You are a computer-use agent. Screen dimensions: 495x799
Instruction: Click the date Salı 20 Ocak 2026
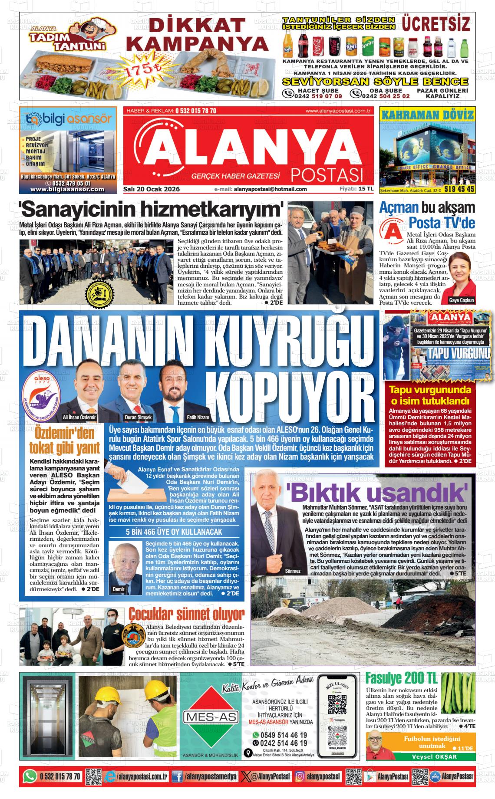pos(152,189)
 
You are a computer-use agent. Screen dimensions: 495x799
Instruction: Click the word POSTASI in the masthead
pos(327,174)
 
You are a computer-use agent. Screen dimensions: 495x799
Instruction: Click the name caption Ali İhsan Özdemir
pos(79,417)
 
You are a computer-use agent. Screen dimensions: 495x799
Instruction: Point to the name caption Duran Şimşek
pos(139,417)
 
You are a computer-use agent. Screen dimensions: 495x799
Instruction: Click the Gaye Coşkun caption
pos(462,300)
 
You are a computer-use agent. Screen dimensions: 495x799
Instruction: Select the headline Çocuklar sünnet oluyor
pos(186,615)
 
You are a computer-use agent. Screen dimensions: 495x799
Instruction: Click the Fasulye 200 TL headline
pos(402,677)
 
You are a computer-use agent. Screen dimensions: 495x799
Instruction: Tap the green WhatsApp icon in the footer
pos(30,776)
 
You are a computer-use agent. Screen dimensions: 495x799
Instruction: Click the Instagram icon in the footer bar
pos(300,776)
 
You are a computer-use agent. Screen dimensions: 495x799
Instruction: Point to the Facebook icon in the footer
pos(177,776)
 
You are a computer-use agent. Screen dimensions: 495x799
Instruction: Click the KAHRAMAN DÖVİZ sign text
pos(427,115)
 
